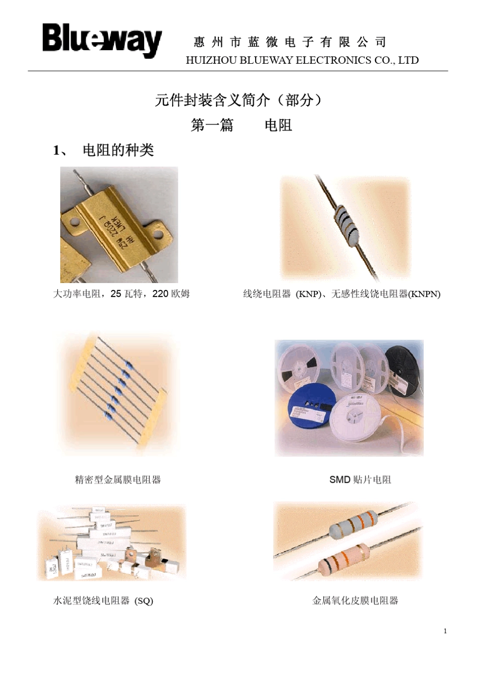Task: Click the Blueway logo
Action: click(x=102, y=40)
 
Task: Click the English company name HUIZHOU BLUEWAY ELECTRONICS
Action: click(x=302, y=60)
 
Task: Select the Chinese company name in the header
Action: click(x=290, y=42)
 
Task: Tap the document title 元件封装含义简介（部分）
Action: click(x=238, y=100)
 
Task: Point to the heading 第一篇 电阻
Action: click(x=241, y=125)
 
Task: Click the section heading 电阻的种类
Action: click(x=117, y=150)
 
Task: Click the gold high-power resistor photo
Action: click(x=119, y=225)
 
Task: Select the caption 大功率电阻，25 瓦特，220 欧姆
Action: click(x=122, y=294)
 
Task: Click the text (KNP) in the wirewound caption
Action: click(x=307, y=294)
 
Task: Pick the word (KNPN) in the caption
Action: click(x=424, y=294)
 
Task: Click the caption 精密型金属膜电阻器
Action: click(x=117, y=480)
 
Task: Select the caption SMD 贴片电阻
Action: click(x=360, y=480)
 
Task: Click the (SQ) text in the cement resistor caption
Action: click(x=144, y=601)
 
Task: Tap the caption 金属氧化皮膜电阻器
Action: click(x=355, y=601)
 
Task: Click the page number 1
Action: click(x=445, y=631)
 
